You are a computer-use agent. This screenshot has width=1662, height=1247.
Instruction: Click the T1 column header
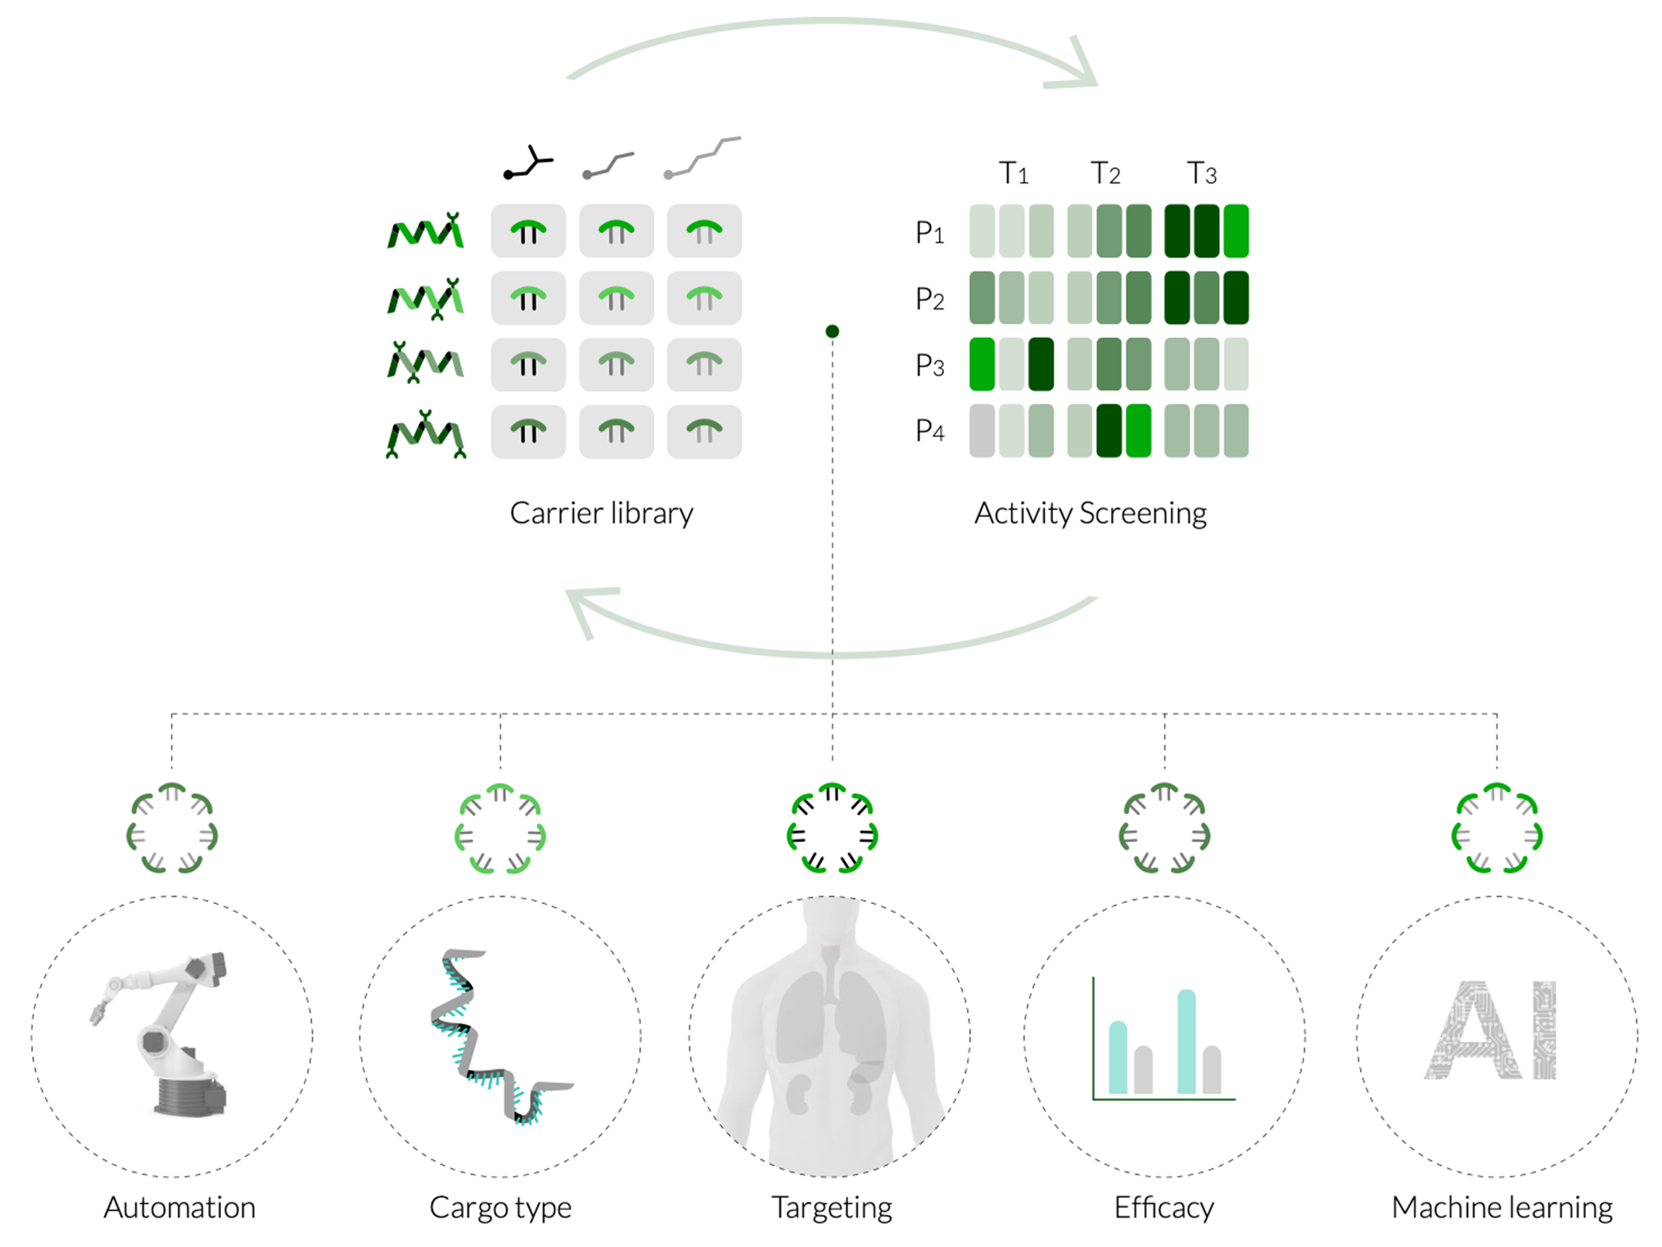click(x=1014, y=173)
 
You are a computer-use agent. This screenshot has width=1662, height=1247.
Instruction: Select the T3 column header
click(x=1202, y=173)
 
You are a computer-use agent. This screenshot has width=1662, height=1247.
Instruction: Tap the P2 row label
click(x=930, y=299)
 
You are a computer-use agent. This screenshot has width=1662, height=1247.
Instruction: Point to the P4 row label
click(x=930, y=430)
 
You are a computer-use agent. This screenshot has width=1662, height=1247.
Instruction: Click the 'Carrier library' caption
click(x=602, y=513)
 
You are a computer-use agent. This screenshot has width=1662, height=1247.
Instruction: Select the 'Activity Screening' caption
click(x=1091, y=513)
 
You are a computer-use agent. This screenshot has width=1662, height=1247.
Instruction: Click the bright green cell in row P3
click(x=982, y=364)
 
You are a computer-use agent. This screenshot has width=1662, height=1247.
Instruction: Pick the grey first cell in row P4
click(x=982, y=431)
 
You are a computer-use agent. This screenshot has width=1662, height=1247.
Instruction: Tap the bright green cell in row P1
click(x=1236, y=232)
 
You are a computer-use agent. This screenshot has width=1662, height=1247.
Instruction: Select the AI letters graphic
click(x=1491, y=1030)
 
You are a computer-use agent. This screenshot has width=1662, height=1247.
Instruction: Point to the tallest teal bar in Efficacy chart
click(x=1186, y=1042)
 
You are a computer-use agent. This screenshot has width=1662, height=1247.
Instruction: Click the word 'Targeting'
click(x=832, y=1208)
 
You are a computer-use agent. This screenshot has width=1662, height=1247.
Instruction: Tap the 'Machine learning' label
click(x=1502, y=1208)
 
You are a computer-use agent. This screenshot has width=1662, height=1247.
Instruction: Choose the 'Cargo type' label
click(x=500, y=1208)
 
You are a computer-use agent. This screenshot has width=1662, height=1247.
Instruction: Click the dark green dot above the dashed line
click(x=833, y=331)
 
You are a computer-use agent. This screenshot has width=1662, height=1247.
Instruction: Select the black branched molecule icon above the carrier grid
click(x=529, y=162)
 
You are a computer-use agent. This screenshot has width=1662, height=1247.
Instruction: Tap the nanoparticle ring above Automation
click(x=172, y=828)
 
